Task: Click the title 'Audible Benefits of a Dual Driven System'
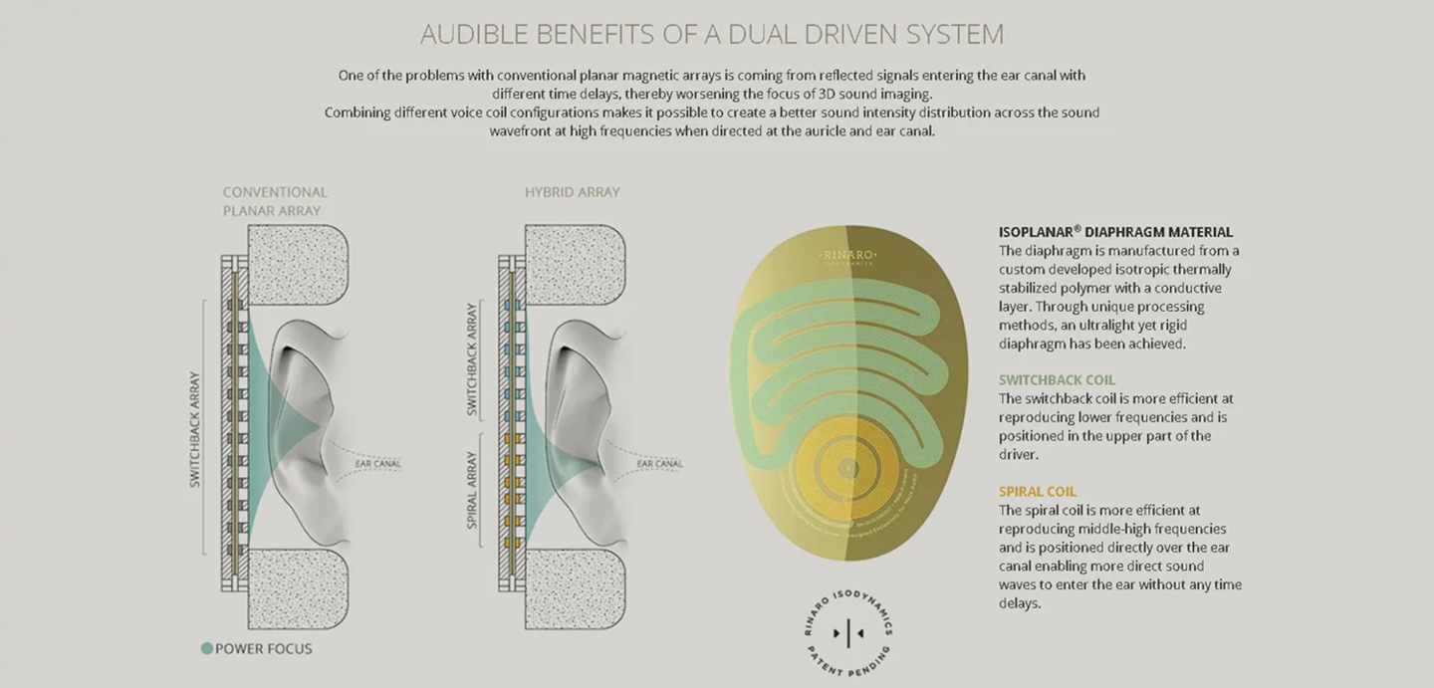[711, 35]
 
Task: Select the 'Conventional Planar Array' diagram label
[274, 201]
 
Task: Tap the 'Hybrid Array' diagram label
[572, 192]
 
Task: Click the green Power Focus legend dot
[207, 648]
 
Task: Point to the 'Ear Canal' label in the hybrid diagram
[659, 464]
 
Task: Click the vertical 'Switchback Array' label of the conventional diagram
[195, 429]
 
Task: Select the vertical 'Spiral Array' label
[472, 489]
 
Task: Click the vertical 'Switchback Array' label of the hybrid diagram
[472, 359]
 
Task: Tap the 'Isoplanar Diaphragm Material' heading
[1115, 232]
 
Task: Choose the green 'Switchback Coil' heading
[1057, 380]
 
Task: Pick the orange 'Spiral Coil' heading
[1038, 492]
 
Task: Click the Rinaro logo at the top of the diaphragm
[847, 259]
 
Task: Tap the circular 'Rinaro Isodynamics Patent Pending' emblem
[847, 632]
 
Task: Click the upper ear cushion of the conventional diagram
[296, 265]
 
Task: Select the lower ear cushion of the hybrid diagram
[575, 588]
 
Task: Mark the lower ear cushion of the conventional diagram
[296, 588]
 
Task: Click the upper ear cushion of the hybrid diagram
[575, 265]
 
